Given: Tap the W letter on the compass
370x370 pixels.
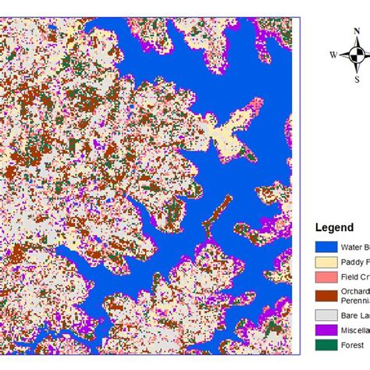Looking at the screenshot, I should pyautogui.click(x=333, y=55).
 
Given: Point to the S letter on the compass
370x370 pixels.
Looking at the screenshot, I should pyautogui.click(x=357, y=78).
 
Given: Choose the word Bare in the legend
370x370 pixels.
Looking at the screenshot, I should pyautogui.click(x=351, y=315).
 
